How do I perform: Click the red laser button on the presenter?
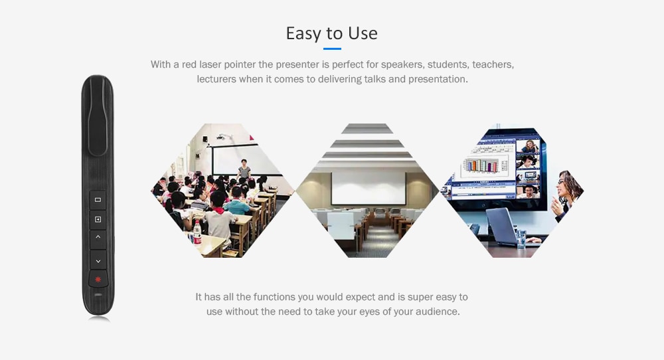(x=98, y=279)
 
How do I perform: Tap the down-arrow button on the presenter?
(x=98, y=261)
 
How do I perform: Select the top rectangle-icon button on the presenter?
(x=98, y=199)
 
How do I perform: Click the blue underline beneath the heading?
(x=332, y=48)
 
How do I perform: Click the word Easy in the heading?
(x=303, y=33)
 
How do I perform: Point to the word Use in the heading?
(x=363, y=33)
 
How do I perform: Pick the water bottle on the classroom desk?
(x=197, y=233)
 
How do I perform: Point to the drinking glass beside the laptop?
(x=521, y=238)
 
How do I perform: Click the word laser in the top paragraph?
(x=210, y=64)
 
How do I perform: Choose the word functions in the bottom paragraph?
(x=274, y=297)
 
